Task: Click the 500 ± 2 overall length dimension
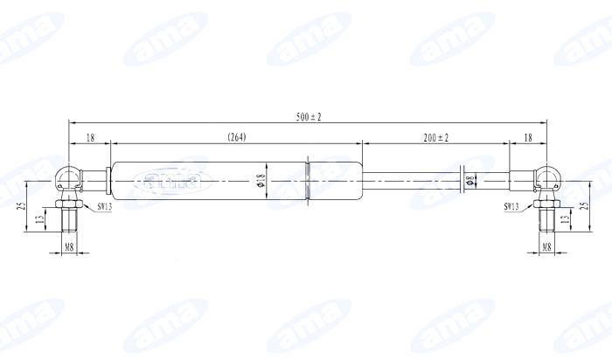click(x=309, y=117)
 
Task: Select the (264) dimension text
click(x=237, y=137)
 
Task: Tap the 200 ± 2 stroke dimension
click(x=436, y=138)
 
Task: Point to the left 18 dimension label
click(x=90, y=138)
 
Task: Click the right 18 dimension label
click(x=528, y=138)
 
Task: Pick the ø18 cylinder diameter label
click(x=261, y=180)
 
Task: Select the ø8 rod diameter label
click(x=470, y=181)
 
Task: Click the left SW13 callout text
click(x=105, y=207)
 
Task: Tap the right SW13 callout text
click(x=511, y=207)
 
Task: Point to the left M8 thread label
click(x=69, y=247)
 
